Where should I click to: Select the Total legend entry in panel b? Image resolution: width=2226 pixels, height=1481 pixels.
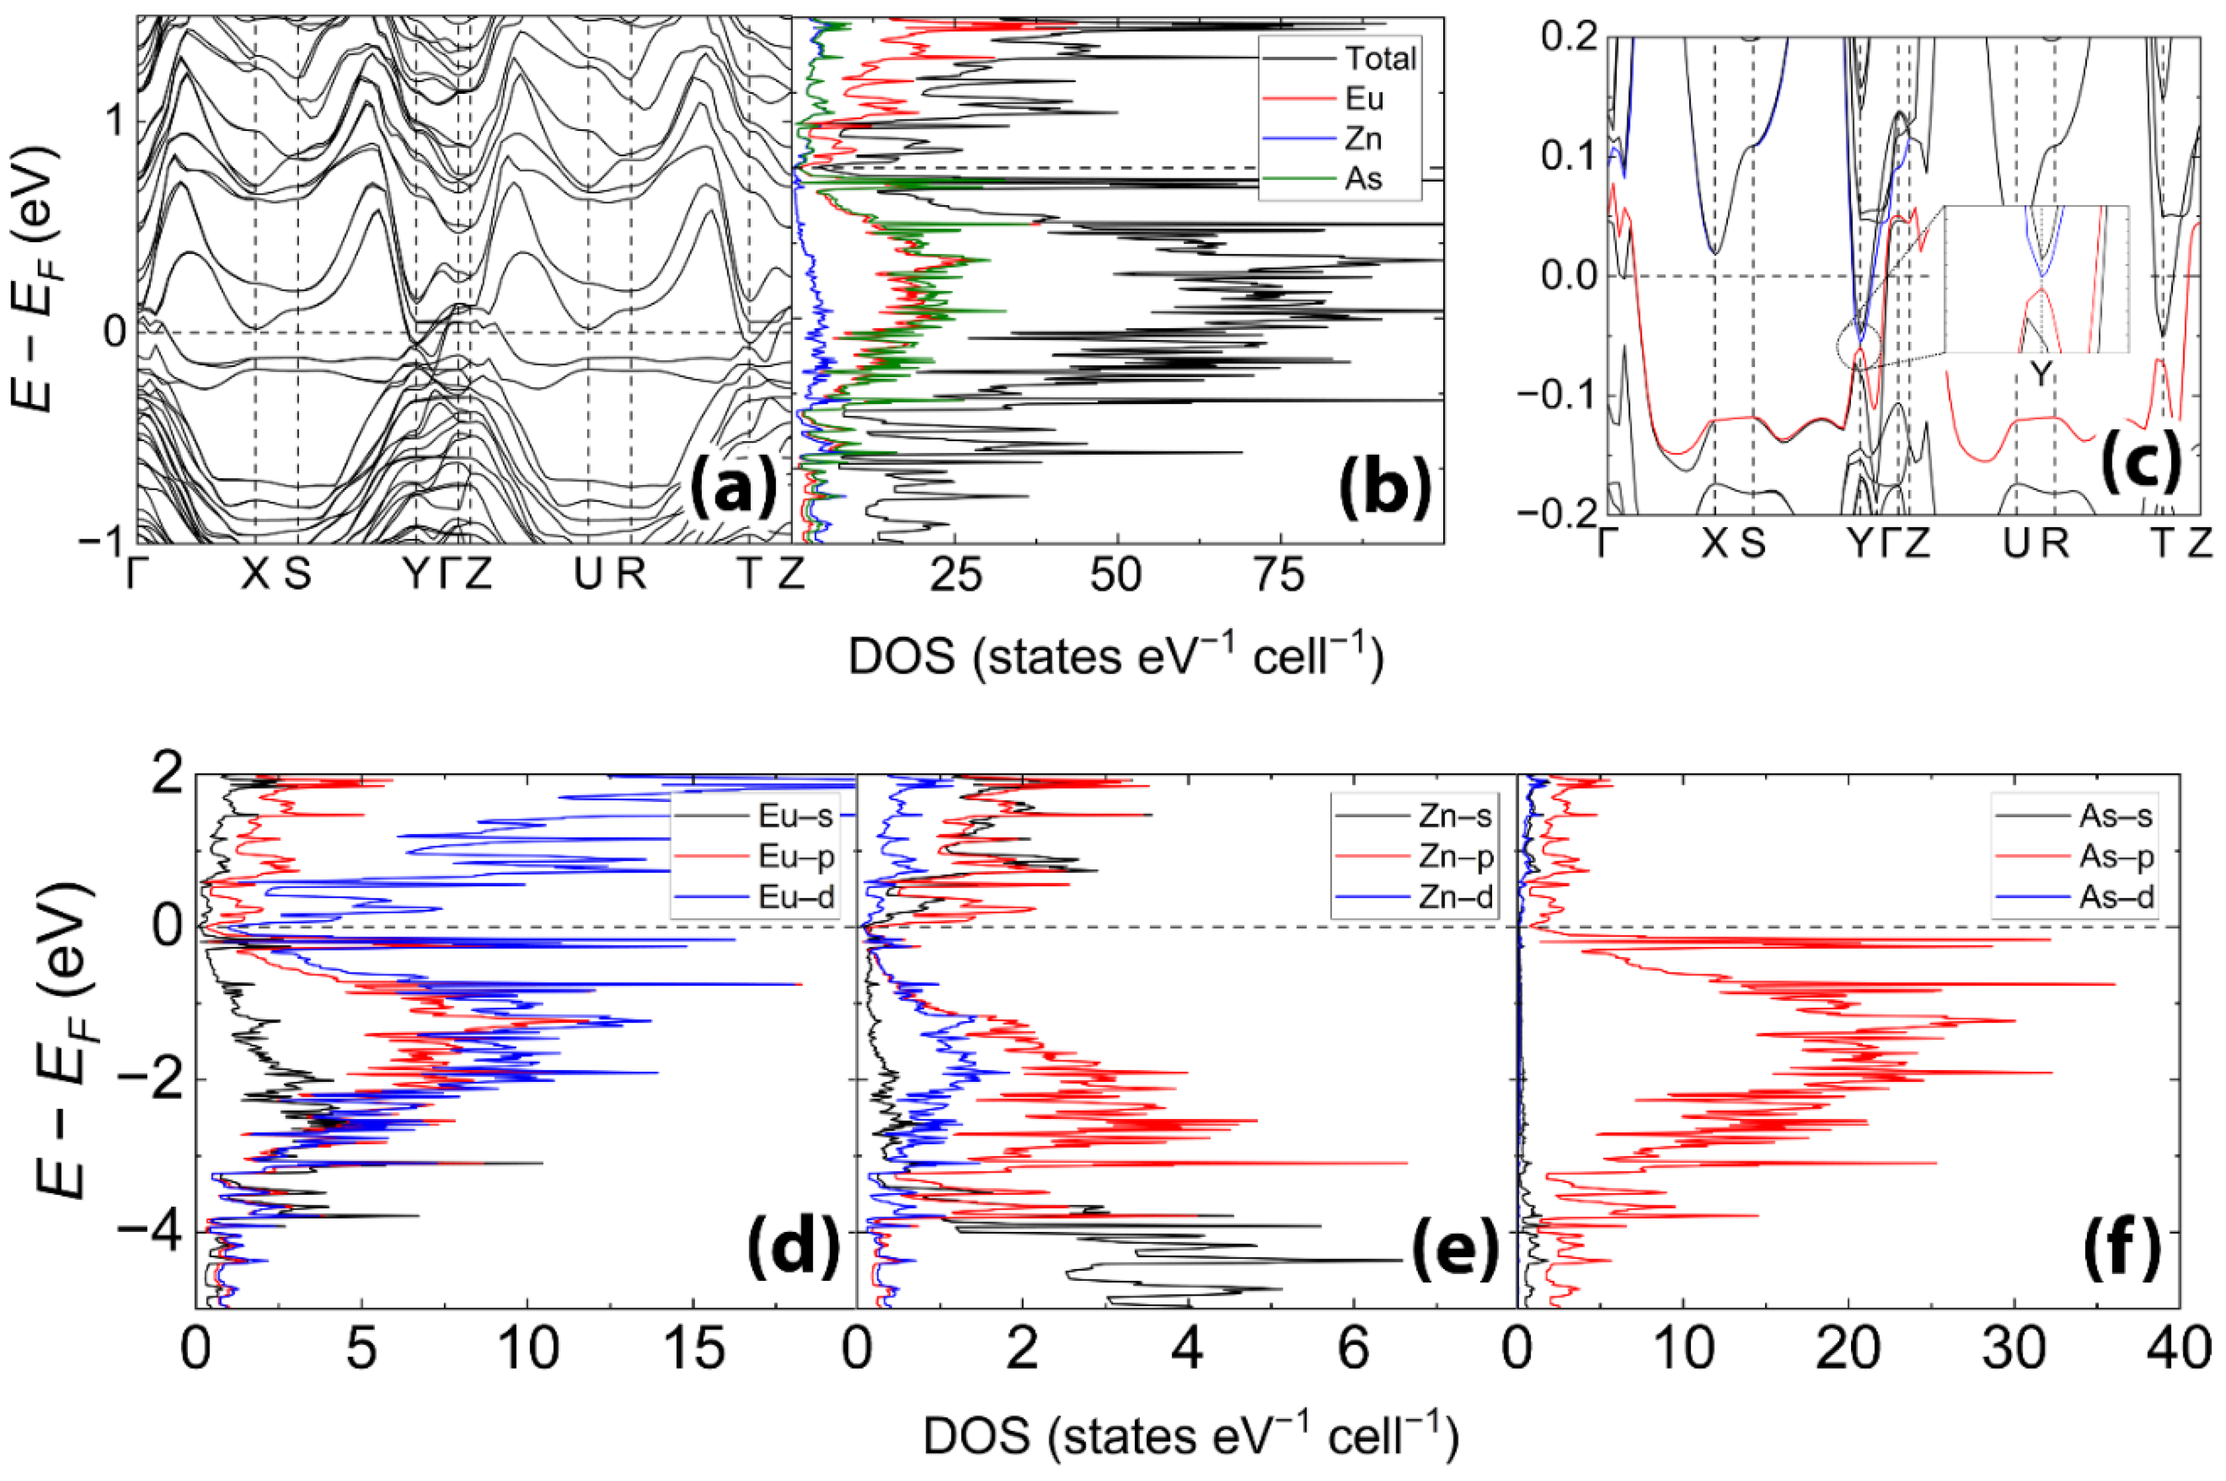coord(1380,59)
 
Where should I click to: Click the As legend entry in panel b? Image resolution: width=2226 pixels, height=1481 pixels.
coord(1363,179)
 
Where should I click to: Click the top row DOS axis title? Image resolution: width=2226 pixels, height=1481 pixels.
coord(1115,656)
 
